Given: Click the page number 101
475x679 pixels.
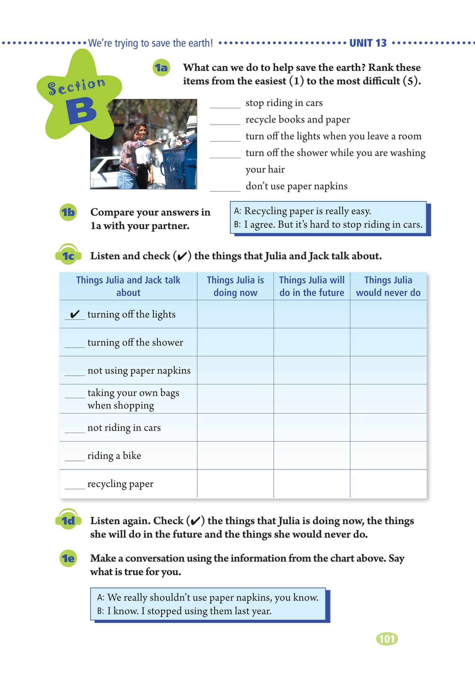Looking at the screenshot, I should tap(387, 639).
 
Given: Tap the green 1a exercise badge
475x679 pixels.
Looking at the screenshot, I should tap(161, 68).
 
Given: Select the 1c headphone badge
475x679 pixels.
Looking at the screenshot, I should tap(69, 256).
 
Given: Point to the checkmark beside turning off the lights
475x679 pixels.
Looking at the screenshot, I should tap(75, 314).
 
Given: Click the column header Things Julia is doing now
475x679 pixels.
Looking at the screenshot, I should tap(235, 286).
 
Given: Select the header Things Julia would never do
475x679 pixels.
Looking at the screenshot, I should tap(388, 286).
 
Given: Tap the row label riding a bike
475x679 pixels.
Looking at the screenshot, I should tap(114, 456).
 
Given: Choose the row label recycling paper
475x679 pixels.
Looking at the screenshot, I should tap(120, 484).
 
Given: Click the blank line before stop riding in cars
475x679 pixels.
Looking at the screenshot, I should tap(225, 105).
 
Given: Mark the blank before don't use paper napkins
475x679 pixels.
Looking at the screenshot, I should tap(225, 188).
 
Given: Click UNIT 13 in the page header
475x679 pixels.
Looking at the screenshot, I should tap(368, 43).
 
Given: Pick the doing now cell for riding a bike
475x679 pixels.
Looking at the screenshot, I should tap(235, 456).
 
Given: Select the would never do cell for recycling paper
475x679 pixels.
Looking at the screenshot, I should tap(388, 484).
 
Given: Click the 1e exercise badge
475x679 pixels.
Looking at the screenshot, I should tap(69, 558).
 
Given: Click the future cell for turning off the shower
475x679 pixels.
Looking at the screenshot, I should tap(312, 342).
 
